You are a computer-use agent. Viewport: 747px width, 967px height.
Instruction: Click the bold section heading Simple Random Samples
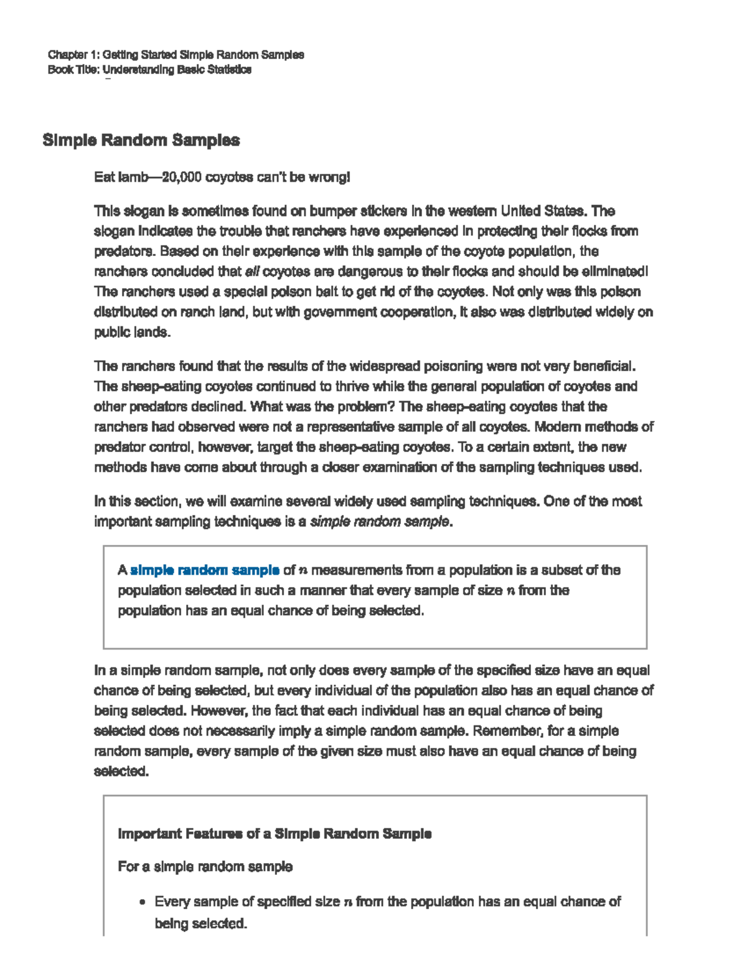click(141, 140)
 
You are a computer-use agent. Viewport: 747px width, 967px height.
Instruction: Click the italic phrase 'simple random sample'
click(379, 522)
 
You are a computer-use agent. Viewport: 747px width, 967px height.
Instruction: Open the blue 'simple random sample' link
click(204, 570)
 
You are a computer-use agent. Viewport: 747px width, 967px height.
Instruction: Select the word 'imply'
click(303, 731)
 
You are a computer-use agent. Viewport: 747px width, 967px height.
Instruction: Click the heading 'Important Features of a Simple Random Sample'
click(275, 834)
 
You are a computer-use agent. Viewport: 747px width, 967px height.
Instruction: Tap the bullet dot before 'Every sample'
click(143, 902)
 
